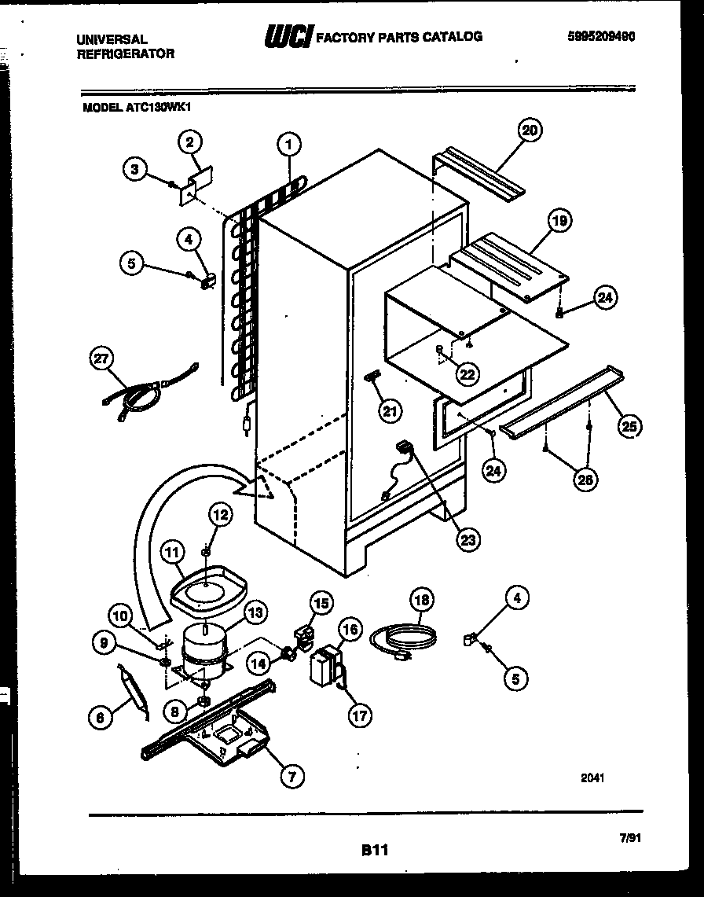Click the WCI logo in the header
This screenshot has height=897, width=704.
[x=288, y=36]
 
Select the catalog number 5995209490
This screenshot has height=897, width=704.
[x=600, y=36]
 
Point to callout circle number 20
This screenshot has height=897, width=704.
[x=530, y=131]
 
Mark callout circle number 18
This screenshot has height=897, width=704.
[x=422, y=600]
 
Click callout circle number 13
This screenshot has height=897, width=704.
[x=255, y=611]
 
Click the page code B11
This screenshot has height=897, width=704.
[x=375, y=849]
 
